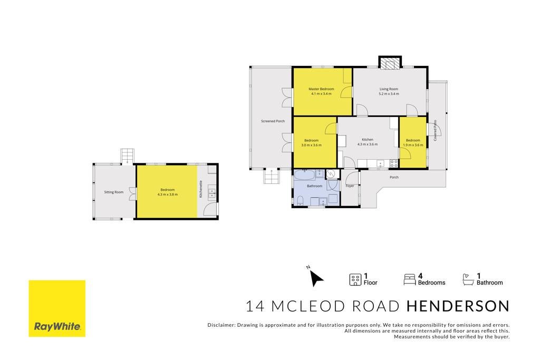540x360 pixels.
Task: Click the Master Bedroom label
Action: [321, 89]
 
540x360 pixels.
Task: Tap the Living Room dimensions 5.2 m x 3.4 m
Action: [389, 94]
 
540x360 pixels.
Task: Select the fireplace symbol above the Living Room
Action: [390, 63]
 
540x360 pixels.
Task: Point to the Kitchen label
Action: [368, 139]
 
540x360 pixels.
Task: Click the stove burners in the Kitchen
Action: [393, 163]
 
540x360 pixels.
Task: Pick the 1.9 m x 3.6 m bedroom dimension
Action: [413, 145]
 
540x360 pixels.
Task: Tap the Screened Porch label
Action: [273, 121]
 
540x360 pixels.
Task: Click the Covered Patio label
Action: [435, 130]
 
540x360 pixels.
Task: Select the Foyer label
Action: [350, 186]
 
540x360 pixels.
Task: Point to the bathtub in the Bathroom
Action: [304, 174]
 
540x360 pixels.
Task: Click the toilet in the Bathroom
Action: [300, 201]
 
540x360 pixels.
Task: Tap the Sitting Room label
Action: [114, 192]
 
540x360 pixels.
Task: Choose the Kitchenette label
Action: [201, 189]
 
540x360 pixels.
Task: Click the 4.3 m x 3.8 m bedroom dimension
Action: [167, 194]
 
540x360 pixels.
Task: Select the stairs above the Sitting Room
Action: [128, 156]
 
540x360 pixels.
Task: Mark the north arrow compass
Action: [315, 277]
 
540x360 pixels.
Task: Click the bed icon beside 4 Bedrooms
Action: [409, 279]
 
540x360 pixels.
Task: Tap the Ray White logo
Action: [57, 308]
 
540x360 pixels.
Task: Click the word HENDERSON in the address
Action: [458, 306]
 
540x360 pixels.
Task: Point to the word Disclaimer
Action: [221, 325]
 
